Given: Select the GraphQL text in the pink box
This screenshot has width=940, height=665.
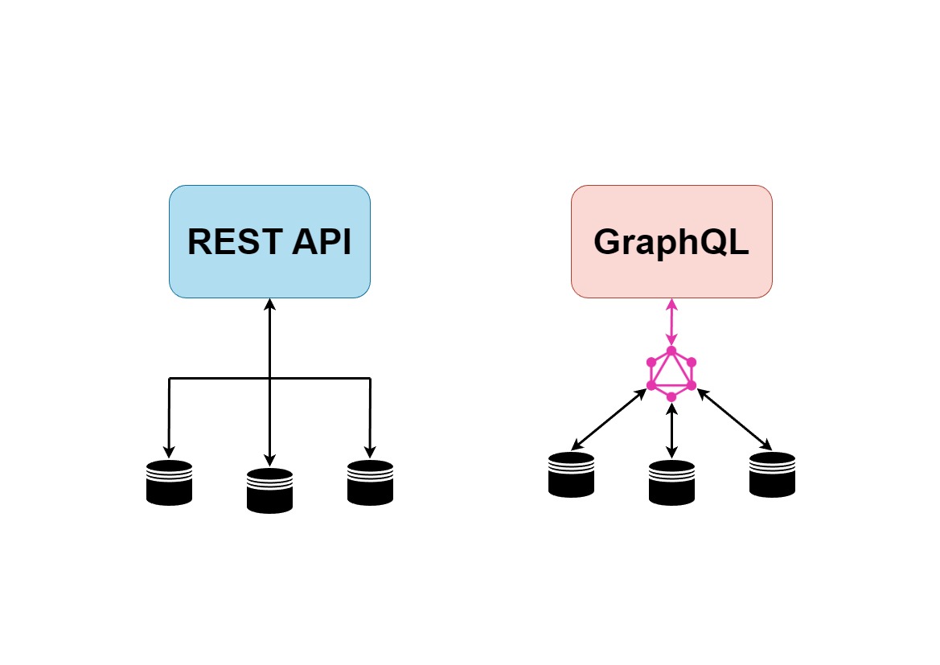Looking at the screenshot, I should (x=671, y=242).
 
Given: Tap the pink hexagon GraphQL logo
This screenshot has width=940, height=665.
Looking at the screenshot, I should (x=671, y=374).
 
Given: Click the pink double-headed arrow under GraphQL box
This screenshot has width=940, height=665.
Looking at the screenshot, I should (x=671, y=323).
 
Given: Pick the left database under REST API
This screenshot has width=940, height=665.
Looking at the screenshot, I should (x=169, y=482).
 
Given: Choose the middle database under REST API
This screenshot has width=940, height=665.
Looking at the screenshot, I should (x=269, y=490).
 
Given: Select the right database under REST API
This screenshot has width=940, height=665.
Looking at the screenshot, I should (x=370, y=482).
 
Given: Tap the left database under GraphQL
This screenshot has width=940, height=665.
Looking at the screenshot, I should (x=571, y=474).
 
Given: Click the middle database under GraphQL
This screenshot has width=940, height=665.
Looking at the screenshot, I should (x=671, y=482).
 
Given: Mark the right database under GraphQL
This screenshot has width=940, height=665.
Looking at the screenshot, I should (x=772, y=474).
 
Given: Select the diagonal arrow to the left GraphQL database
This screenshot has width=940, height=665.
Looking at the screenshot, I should (x=610, y=419).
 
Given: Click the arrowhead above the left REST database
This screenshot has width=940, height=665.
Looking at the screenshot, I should (x=169, y=450).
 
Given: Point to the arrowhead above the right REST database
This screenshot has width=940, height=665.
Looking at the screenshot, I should (x=370, y=450).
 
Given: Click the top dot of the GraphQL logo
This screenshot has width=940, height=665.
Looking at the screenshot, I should (x=671, y=351).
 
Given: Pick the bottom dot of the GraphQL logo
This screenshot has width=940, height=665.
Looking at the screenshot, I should (x=671, y=397).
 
